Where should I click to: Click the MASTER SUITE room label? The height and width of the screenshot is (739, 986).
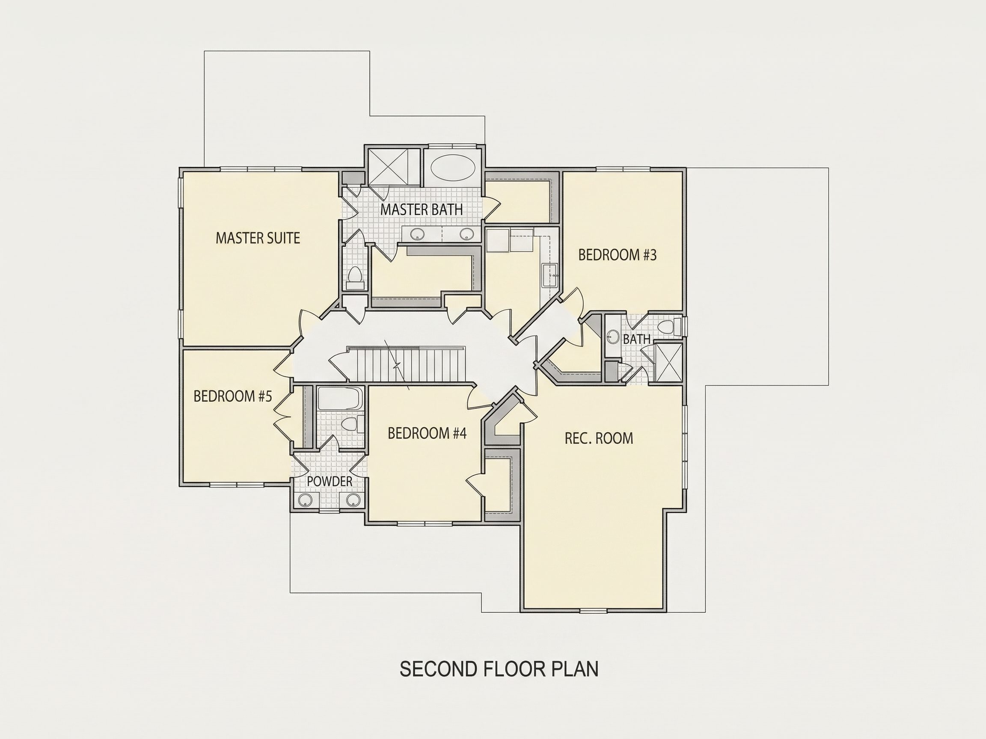(x=258, y=238)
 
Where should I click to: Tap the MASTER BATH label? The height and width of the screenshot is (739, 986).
(x=421, y=210)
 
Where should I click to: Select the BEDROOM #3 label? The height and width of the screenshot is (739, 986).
(x=618, y=255)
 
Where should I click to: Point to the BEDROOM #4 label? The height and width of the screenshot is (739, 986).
(x=427, y=433)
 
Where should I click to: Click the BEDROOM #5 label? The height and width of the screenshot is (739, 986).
(x=233, y=396)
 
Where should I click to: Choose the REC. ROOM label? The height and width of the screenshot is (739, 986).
(x=599, y=438)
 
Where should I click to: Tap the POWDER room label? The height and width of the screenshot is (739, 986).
(x=330, y=482)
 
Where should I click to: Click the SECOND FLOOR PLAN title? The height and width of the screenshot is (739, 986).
(x=499, y=669)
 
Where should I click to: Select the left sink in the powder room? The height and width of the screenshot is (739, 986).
(x=305, y=500)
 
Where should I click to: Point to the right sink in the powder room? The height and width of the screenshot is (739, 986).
(x=353, y=500)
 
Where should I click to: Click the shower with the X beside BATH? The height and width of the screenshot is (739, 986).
(x=667, y=363)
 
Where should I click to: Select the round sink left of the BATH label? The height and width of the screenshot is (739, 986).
(x=614, y=337)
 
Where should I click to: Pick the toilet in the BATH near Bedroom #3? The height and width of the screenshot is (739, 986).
(x=670, y=328)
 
